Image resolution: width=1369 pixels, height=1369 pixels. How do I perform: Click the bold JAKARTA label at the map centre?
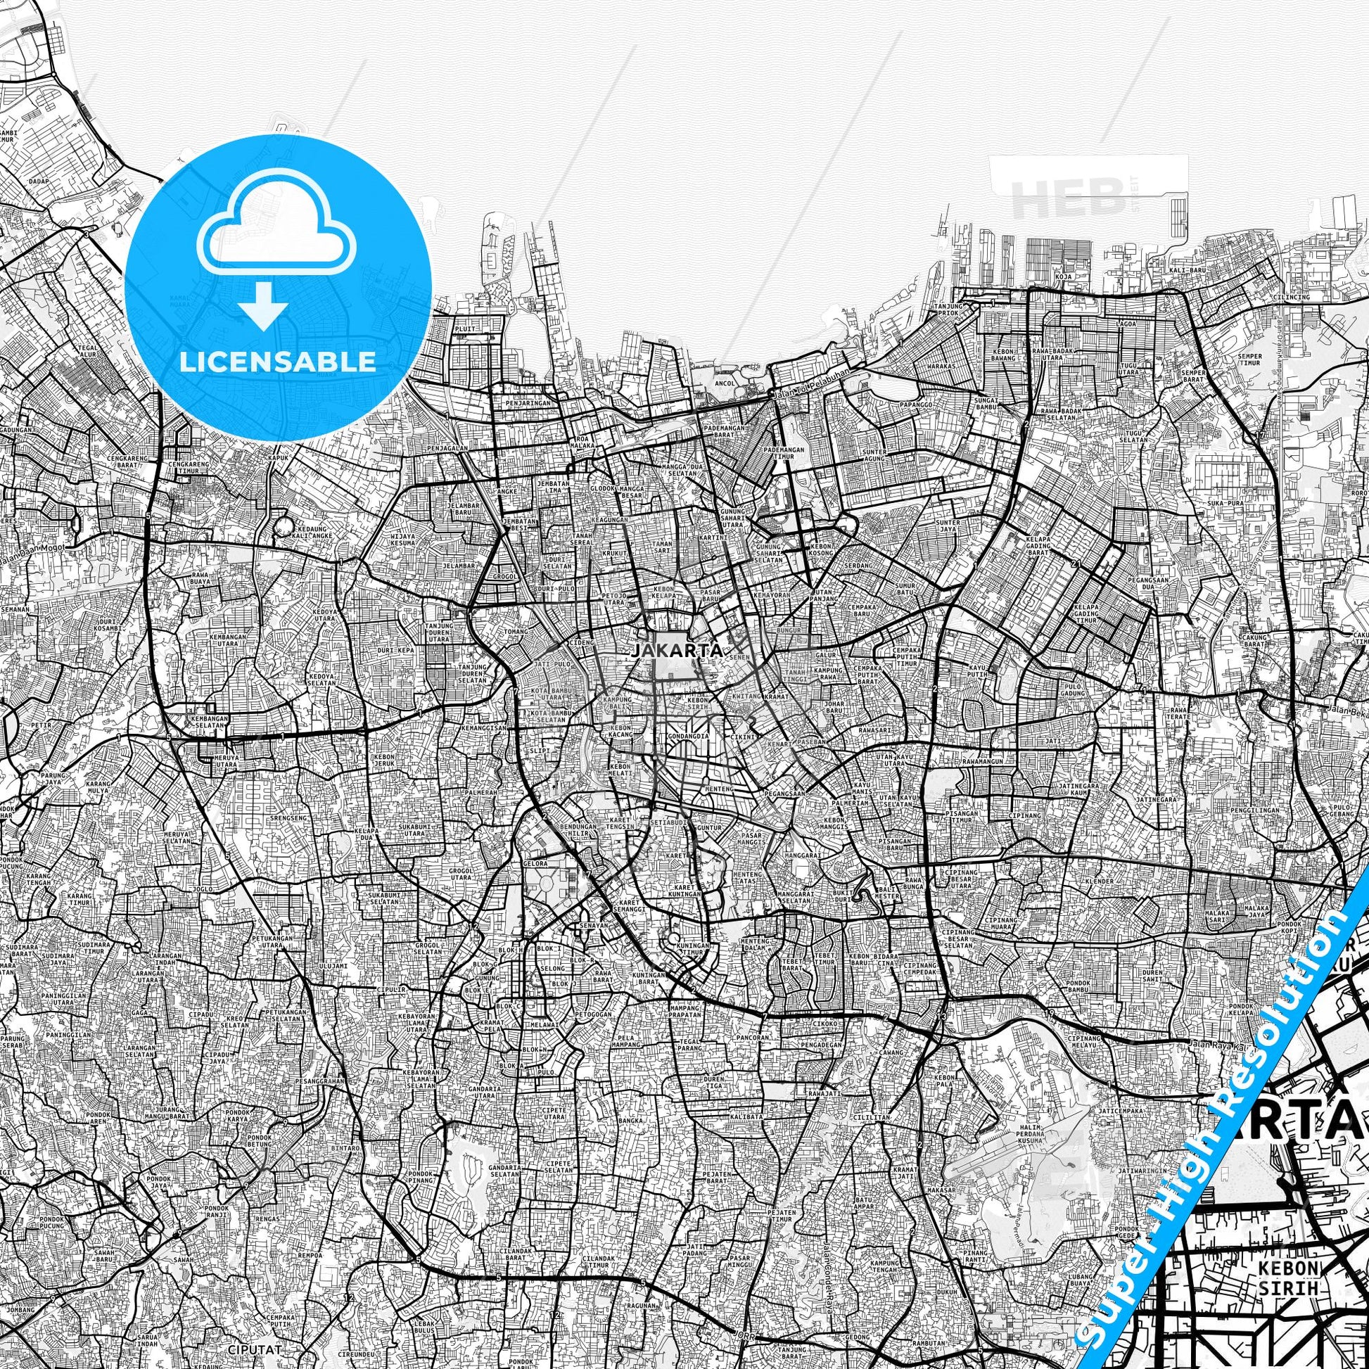pyautogui.click(x=677, y=650)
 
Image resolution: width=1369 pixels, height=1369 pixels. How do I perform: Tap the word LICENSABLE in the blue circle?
pyautogui.click(x=278, y=362)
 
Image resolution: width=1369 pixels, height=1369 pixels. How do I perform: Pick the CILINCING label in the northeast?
pyautogui.click(x=1292, y=297)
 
